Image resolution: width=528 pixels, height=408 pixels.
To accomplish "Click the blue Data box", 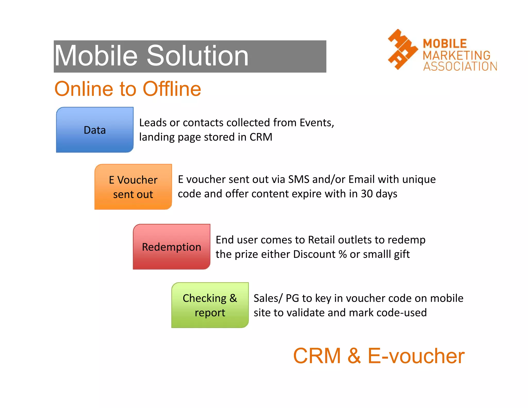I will point(95,130).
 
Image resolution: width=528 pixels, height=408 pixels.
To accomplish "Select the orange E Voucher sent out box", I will point(133,187).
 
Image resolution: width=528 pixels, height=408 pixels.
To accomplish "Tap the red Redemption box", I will point(171,247).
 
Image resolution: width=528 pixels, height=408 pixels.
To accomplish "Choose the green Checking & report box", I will point(210,305).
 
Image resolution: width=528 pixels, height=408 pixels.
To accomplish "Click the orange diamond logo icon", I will point(402,50).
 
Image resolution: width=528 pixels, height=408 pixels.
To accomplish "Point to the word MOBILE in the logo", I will point(445,44).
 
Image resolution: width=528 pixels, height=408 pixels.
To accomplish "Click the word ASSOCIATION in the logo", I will point(460,66).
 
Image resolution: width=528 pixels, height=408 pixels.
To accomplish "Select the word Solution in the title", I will point(197,56).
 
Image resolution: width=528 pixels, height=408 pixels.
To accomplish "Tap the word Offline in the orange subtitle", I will point(172,89).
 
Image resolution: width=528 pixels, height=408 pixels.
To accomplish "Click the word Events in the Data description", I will point(316,123).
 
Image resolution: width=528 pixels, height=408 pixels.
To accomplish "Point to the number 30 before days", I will point(367,194).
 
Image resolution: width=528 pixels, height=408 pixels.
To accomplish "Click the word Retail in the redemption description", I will point(321,240).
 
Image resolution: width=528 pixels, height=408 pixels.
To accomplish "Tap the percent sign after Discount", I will point(343,254).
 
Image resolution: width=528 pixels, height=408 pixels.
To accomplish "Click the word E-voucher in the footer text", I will point(416,356).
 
